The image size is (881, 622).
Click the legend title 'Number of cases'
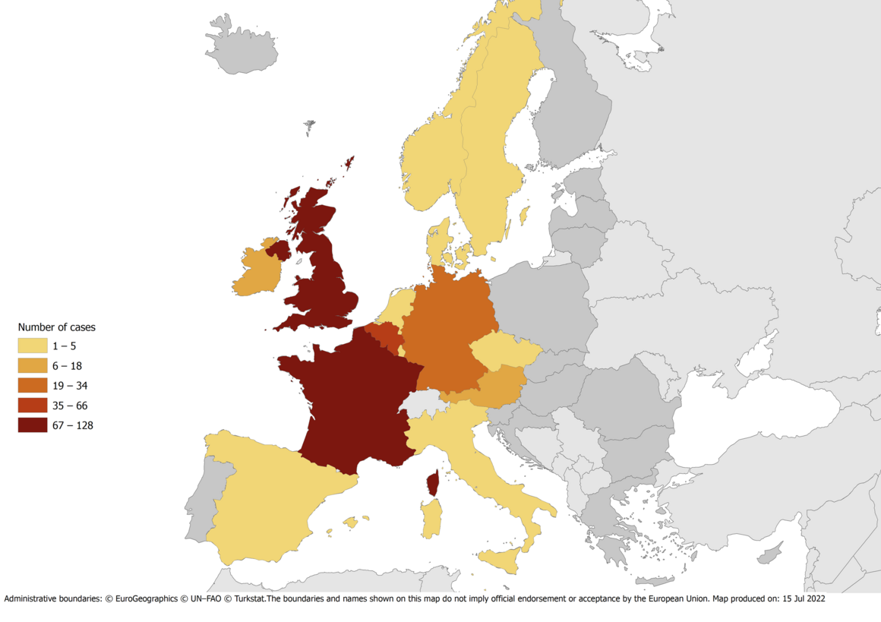click(56, 327)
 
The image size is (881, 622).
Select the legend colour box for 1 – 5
click(33, 346)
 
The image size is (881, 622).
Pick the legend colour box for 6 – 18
click(33, 366)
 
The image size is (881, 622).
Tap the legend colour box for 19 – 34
click(33, 386)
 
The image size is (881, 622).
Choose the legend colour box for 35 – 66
click(33, 406)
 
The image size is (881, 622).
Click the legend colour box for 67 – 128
click(33, 425)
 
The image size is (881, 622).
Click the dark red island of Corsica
click(434, 482)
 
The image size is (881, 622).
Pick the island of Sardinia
click(431, 517)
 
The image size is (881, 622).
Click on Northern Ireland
click(278, 250)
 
